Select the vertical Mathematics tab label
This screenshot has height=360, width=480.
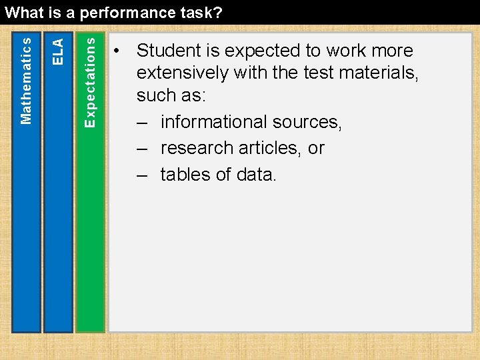pyautogui.click(x=26, y=80)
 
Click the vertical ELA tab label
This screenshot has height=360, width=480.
pyautogui.click(x=59, y=51)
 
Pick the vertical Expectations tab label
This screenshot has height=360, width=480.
pyautogui.click(x=91, y=81)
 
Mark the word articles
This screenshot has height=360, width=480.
pyautogui.click(x=271, y=148)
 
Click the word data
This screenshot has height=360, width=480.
pyautogui.click(x=256, y=175)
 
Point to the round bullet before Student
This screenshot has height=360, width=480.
pyautogui.click(x=117, y=52)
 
